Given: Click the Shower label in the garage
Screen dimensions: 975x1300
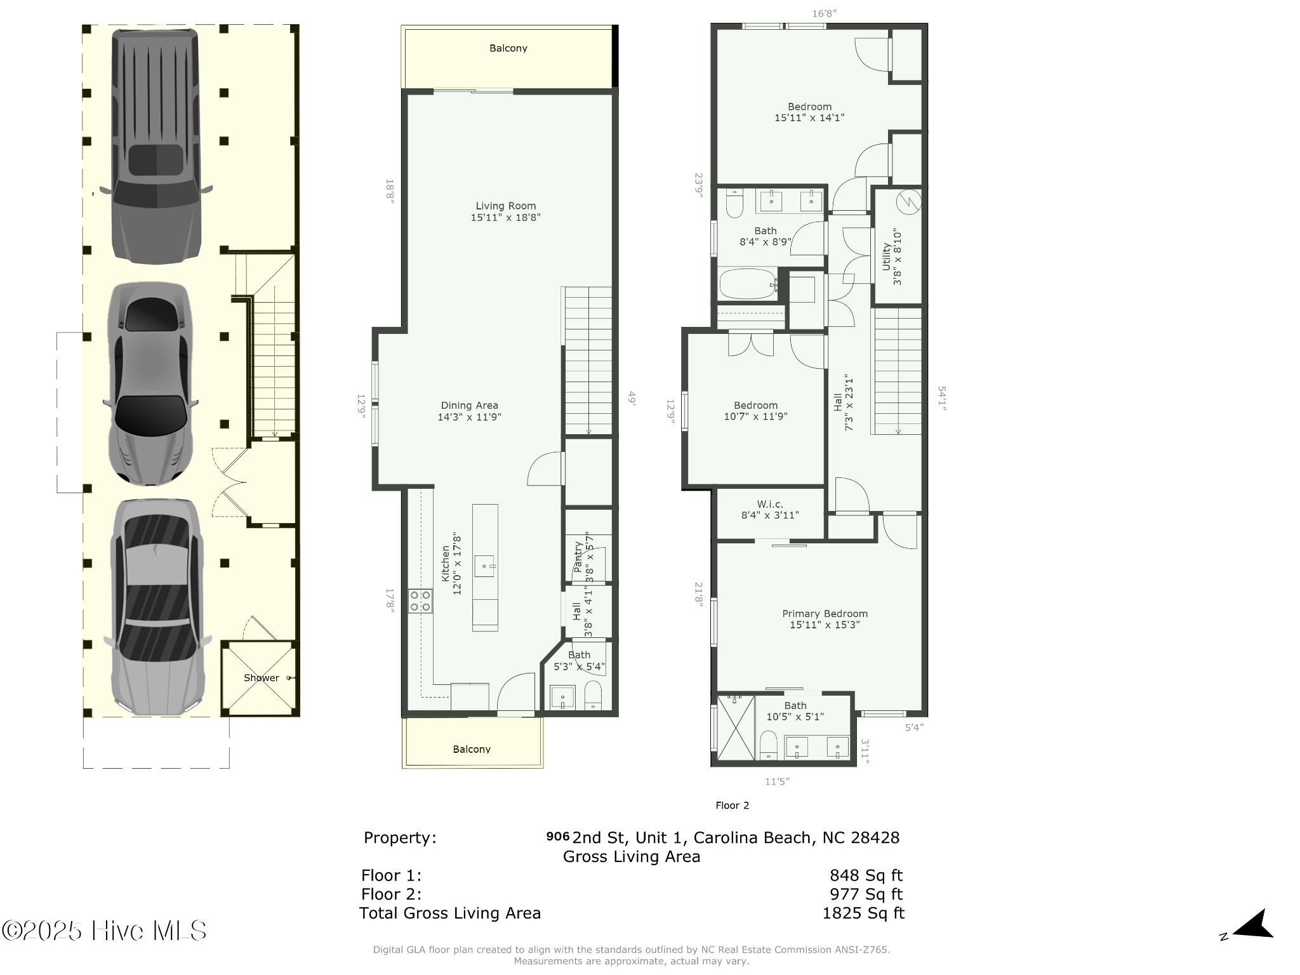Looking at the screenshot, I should [261, 678].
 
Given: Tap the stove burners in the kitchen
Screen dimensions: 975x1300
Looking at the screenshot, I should [420, 600].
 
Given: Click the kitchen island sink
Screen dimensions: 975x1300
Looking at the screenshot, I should [486, 564].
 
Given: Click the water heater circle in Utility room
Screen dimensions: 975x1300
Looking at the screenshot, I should [908, 202].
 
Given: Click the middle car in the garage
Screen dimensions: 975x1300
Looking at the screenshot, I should [150, 384].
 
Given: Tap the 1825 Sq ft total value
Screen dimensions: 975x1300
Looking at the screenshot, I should [863, 913].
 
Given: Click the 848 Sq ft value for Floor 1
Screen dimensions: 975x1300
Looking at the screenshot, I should [865, 875].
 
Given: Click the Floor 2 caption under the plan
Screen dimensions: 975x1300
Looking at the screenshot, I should [732, 806].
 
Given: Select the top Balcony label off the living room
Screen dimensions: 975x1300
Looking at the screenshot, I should [508, 48].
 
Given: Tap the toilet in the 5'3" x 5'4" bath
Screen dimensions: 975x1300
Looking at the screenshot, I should [592, 696].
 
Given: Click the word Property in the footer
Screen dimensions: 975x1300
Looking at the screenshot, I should [399, 838].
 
